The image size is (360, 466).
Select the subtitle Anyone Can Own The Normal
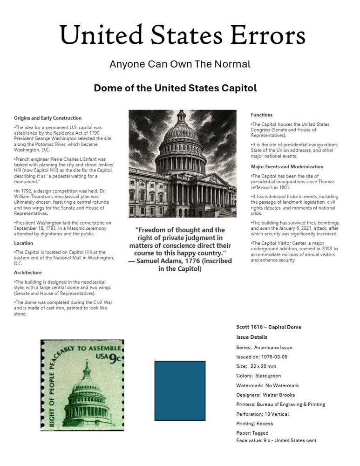click(180, 64)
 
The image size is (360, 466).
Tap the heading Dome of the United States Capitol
click(175, 88)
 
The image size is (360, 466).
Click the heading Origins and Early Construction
click(48, 118)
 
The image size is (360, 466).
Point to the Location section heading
click(23, 243)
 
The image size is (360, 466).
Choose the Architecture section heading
click(27, 272)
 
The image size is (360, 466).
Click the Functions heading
click(262, 115)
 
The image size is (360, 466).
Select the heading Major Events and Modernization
click(287, 166)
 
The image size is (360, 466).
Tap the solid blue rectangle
click(180, 391)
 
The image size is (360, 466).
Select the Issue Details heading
click(252, 337)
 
